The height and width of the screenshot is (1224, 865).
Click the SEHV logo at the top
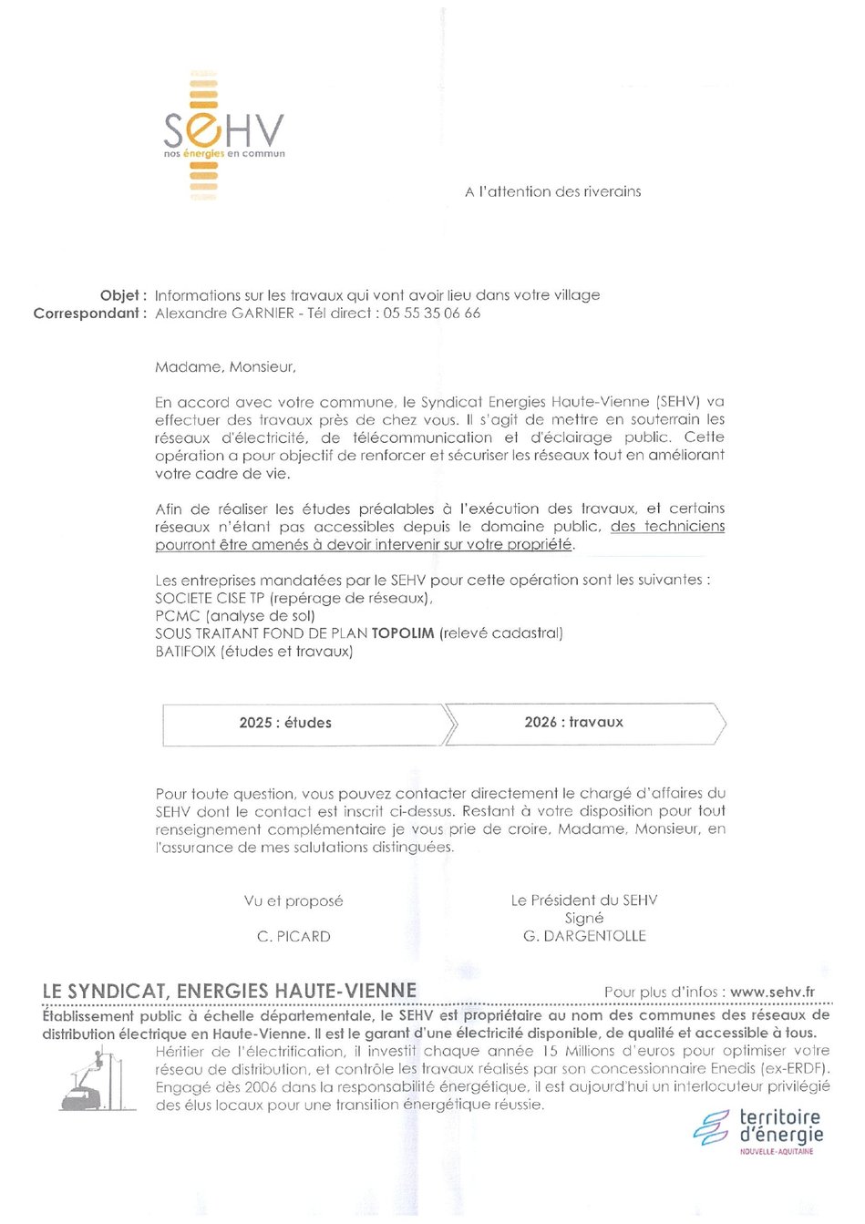pos(223,134)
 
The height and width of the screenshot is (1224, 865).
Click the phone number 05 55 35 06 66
pos(431,314)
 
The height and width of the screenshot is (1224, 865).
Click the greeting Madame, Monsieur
pos(225,367)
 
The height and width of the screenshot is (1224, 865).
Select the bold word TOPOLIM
pos(403,633)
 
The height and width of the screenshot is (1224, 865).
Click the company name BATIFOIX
pos(186,652)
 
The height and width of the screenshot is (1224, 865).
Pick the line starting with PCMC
pos(235,616)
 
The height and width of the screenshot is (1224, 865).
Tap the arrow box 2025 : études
pos(286,724)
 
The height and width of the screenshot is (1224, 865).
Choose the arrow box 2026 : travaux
pos(574,723)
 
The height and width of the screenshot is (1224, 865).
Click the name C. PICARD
pos(293,937)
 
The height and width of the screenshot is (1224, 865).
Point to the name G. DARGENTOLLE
pos(584,936)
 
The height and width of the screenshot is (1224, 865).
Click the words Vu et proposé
pos(293,901)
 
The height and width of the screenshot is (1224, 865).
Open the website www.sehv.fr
pos(772,993)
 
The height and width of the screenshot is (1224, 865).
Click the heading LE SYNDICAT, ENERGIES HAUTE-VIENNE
pos(230,992)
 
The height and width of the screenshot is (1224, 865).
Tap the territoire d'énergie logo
pos(758,1131)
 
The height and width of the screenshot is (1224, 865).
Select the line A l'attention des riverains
pos(552,192)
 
